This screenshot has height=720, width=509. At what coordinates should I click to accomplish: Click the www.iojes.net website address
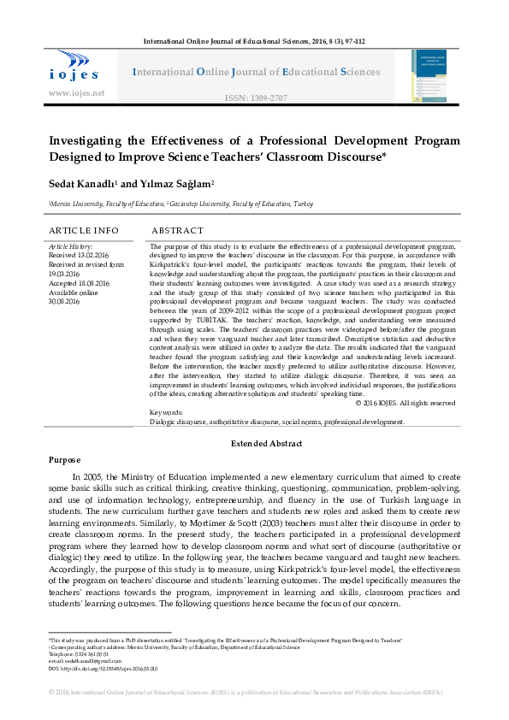(77, 92)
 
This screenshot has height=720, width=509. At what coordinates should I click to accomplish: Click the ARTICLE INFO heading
(83, 231)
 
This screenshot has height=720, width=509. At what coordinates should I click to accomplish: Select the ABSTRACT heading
(177, 231)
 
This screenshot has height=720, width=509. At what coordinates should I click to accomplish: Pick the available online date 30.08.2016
(66, 302)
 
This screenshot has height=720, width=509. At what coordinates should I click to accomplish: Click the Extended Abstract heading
(267, 444)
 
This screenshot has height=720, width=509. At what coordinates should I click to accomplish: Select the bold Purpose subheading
(64, 460)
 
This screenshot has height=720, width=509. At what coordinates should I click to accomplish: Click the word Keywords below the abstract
(166, 412)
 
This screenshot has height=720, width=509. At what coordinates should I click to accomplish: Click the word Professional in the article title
(356, 140)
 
